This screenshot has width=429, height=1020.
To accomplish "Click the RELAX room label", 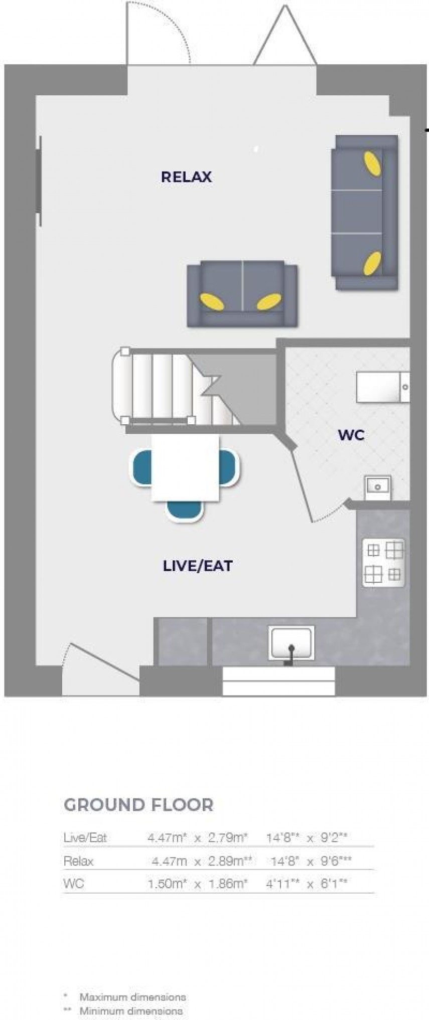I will (x=186, y=177).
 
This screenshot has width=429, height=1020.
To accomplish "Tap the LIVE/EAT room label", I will (x=198, y=566).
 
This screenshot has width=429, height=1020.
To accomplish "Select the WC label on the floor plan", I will (x=351, y=435).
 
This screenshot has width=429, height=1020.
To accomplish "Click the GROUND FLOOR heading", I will (x=138, y=804).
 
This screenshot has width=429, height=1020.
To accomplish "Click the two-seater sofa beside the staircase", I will (x=242, y=294).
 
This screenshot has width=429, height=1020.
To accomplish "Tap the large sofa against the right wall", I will (x=364, y=212).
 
